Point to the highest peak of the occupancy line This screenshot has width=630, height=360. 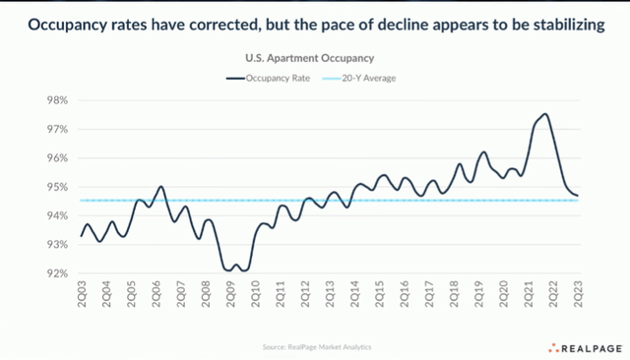click(x=545, y=115)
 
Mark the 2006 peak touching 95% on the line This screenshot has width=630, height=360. click(x=160, y=186)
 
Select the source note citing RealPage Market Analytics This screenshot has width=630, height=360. click(x=316, y=346)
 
